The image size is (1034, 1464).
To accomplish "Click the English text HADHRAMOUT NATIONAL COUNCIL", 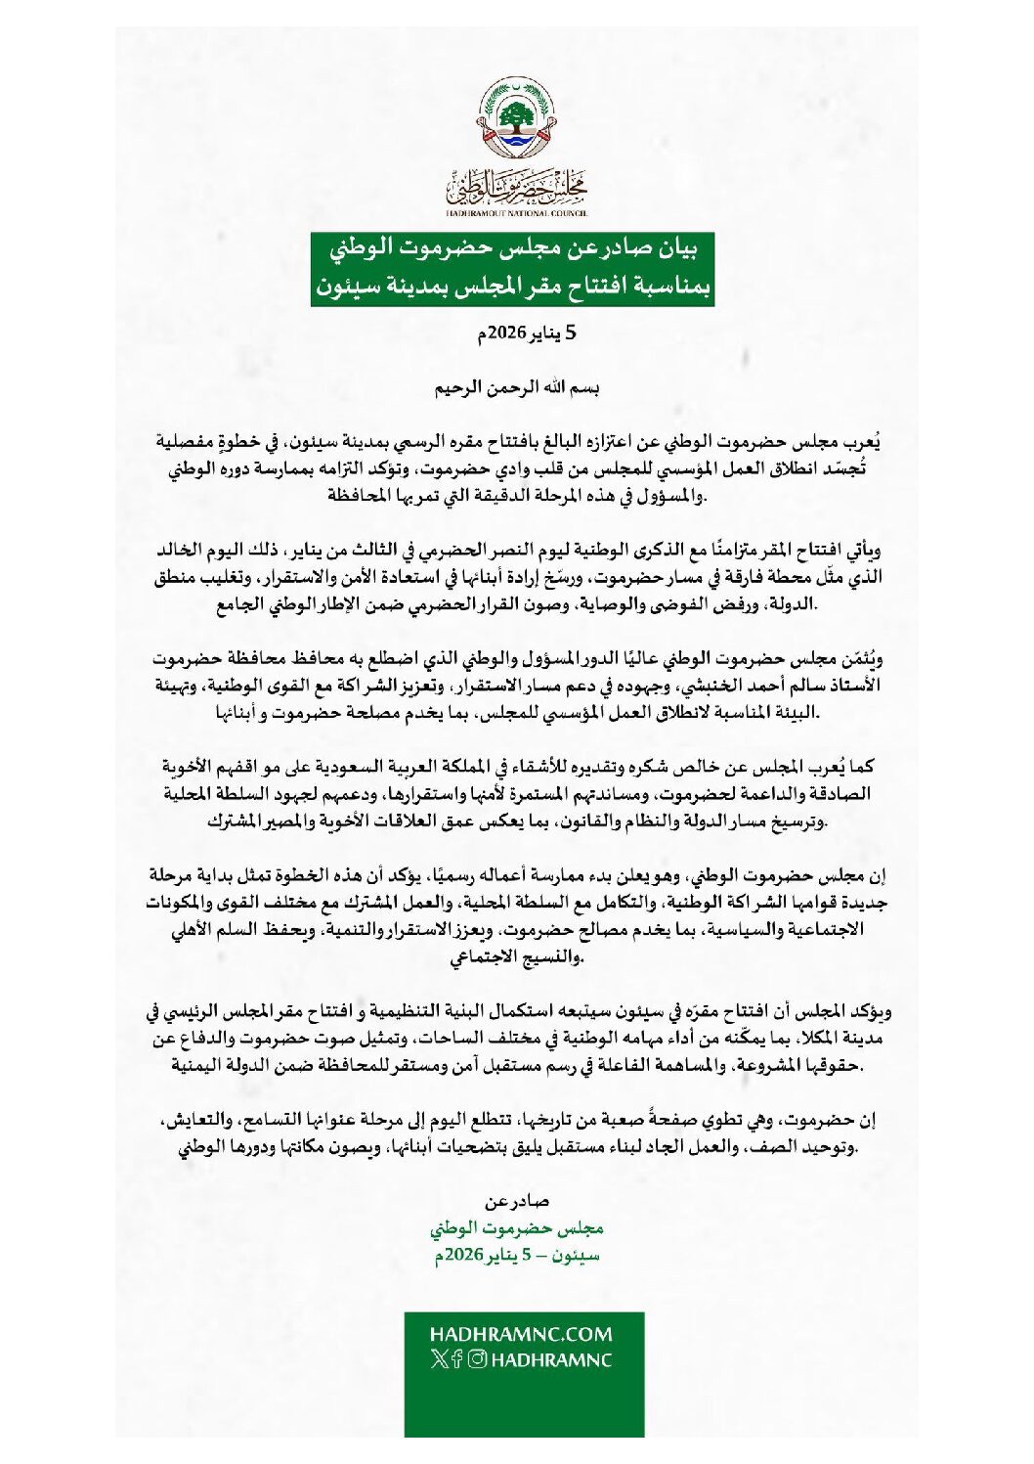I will tap(516, 211).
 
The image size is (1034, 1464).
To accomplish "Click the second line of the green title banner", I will tap(513, 288).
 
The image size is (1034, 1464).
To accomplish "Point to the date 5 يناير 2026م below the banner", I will tap(526, 334).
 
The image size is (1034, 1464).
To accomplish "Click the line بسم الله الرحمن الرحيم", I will tap(517, 387).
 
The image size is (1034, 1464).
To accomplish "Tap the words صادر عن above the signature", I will tap(517, 1202).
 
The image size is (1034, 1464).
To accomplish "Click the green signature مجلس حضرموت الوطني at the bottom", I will tap(517, 1228).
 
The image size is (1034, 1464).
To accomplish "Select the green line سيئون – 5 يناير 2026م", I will tap(517, 1255).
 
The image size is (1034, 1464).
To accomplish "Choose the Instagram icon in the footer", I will tap(477, 1359).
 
